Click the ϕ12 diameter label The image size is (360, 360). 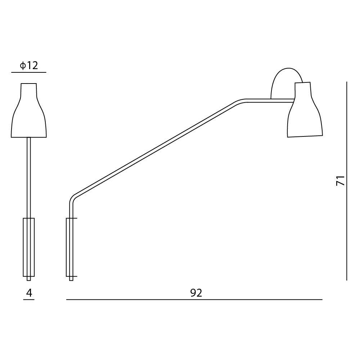[x=29, y=66]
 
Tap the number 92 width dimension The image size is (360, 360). [x=196, y=293]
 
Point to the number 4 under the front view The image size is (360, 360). [x=29, y=293]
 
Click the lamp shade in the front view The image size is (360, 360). [x=29, y=111]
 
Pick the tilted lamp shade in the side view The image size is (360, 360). [x=305, y=110]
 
